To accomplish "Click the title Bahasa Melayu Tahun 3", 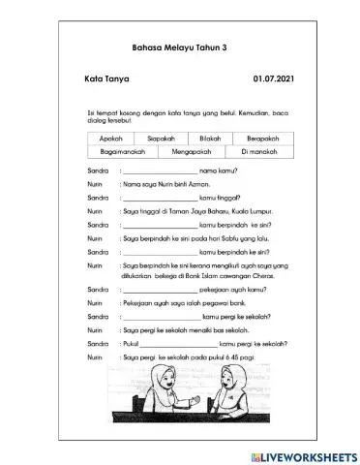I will (179, 46).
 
